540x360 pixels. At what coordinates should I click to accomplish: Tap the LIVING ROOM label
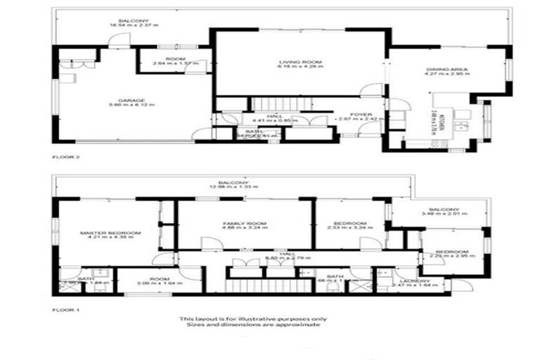[x=299, y=62]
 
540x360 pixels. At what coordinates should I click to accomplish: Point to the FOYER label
[x=364, y=112]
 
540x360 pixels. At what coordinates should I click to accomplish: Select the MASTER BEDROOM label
[x=110, y=233]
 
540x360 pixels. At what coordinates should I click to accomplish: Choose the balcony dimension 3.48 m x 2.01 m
[x=439, y=214]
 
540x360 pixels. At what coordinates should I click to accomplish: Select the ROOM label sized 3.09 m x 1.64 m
[x=160, y=279]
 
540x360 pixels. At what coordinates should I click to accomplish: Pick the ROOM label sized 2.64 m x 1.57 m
[x=174, y=58]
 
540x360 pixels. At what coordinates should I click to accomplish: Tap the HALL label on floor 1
[x=286, y=254]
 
